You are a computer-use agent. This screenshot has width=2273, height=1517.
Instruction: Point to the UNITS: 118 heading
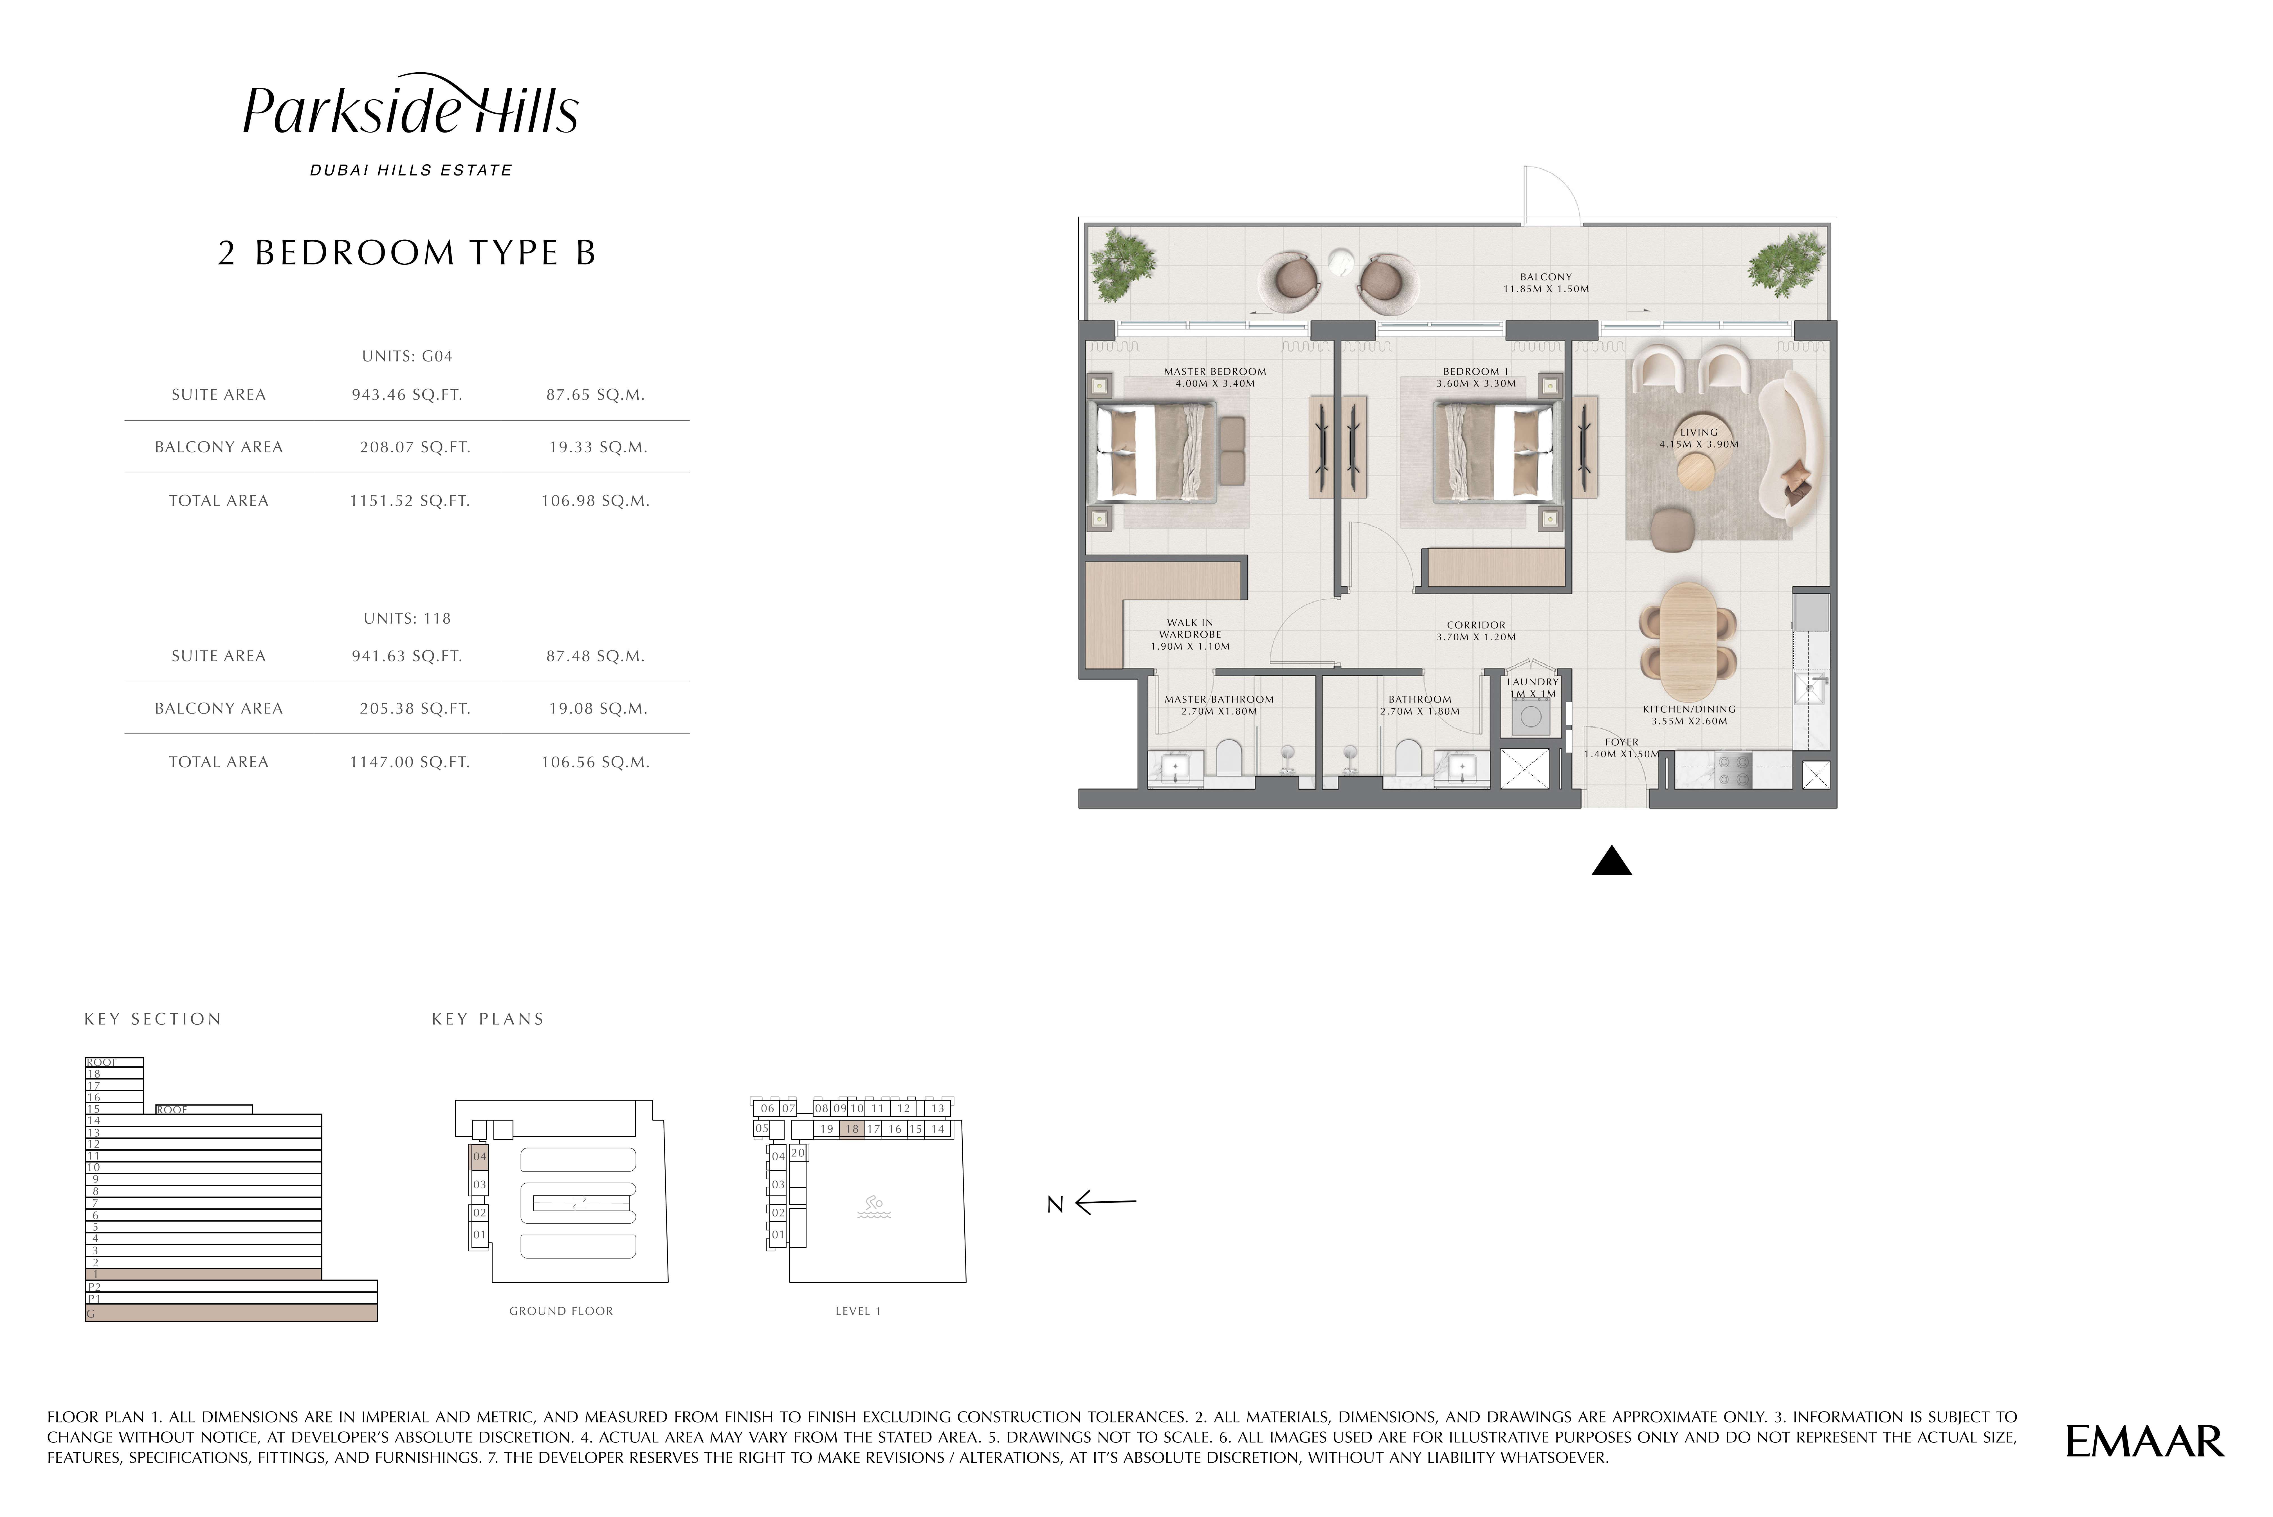point(407,618)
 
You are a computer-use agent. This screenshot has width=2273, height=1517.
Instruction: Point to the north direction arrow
point(1106,1202)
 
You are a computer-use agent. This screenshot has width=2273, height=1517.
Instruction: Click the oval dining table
point(1688,642)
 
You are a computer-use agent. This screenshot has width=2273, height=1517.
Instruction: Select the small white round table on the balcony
point(1340,263)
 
